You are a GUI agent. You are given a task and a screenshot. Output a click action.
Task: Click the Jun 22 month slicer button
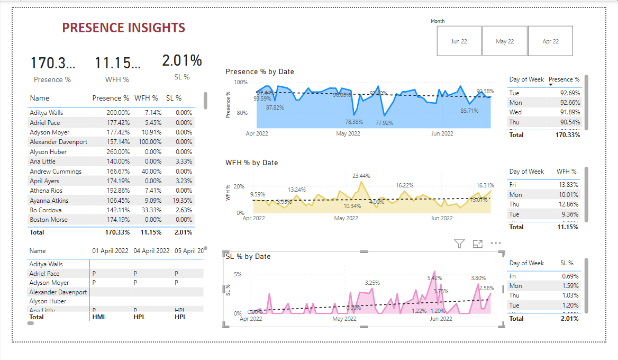459,41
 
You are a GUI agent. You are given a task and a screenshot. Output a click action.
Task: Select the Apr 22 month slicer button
550,41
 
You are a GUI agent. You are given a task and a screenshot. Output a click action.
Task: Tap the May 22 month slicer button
505,41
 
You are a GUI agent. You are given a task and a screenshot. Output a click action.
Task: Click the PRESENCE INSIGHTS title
123,28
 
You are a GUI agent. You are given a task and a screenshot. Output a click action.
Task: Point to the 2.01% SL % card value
182,61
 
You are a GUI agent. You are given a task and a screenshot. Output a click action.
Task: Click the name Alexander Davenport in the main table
59,142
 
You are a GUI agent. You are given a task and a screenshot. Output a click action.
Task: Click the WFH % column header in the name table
146,98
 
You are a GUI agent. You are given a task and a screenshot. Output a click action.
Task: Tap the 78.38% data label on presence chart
350,122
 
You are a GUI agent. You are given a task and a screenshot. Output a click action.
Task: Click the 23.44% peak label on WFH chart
361,176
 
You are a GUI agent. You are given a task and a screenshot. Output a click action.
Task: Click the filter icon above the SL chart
459,244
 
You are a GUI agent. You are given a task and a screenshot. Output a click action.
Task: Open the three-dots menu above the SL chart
496,244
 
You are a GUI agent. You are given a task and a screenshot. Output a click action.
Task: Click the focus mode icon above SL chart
478,244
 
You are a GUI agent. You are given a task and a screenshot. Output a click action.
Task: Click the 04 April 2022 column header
151,251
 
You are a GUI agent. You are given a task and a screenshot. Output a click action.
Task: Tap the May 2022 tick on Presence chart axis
348,133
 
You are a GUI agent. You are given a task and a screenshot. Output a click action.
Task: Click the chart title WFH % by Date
251,163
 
